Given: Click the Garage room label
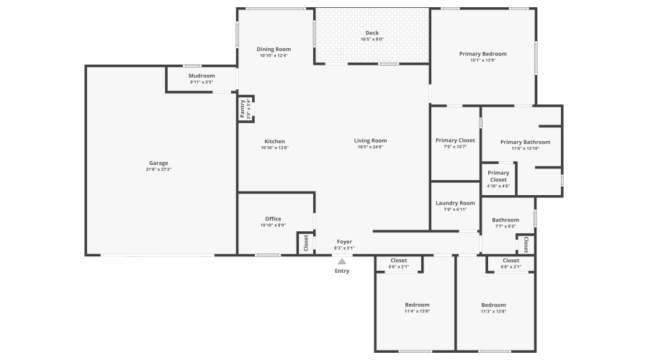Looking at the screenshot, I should click(158, 163).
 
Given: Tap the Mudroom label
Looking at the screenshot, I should click(202, 76).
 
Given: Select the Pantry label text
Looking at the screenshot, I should click(242, 108).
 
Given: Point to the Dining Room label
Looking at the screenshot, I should click(274, 49).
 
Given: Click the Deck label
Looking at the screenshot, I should click(372, 32).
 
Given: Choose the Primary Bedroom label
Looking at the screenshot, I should click(483, 54).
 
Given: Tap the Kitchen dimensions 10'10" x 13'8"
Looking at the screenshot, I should click(274, 148).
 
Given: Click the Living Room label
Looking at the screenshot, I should click(370, 140).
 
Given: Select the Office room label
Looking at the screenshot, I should click(273, 219).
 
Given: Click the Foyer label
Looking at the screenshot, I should click(344, 242).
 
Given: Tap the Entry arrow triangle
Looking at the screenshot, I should click(342, 261).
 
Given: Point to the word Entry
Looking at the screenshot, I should click(342, 271).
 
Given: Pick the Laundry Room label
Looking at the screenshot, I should click(455, 203).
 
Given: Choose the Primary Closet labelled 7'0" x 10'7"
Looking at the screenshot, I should click(455, 140).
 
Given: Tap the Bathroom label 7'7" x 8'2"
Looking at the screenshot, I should click(505, 220).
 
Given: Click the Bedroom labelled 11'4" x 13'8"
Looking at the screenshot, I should click(416, 305).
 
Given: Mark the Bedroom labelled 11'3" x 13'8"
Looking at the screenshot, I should click(493, 305).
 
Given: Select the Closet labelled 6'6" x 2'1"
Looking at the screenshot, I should click(398, 261).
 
